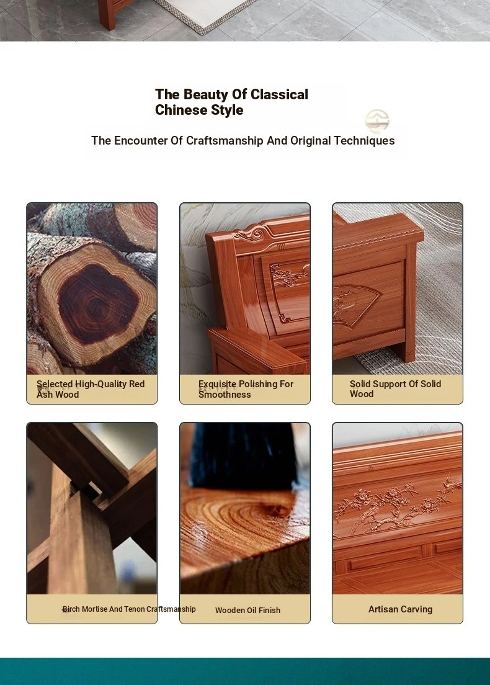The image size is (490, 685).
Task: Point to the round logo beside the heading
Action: point(377,121)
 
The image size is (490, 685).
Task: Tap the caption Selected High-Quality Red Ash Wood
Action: point(91,389)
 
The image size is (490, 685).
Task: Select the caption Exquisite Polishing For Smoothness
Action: point(246,389)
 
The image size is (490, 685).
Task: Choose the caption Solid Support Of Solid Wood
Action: point(395,389)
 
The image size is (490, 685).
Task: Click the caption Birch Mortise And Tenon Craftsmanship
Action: point(129,609)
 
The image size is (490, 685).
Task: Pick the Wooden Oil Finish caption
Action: point(247,611)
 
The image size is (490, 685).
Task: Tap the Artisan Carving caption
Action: point(400,609)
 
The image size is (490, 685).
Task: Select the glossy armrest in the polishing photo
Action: point(256,349)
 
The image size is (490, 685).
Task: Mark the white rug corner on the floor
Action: point(202,31)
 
